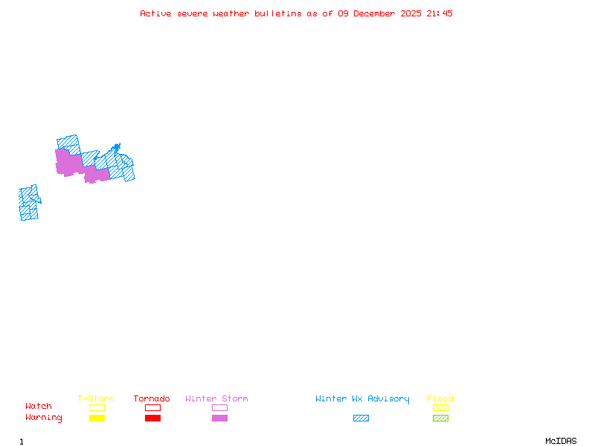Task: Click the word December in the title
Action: tap(374, 13)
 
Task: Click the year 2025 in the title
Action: tap(411, 13)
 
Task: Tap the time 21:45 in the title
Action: tap(440, 13)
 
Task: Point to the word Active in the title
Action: tap(155, 13)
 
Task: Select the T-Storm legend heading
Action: tap(96, 398)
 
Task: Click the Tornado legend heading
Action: tap(152, 398)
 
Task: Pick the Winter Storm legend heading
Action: tap(216, 398)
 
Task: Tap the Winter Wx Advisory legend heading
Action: tap(362, 399)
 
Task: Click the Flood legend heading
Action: tap(440, 398)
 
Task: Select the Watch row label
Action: tap(39, 406)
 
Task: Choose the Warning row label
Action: tap(44, 418)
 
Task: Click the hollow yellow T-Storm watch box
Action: tap(97, 407)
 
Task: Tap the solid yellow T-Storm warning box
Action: tap(97, 418)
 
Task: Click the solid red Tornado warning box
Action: tap(153, 418)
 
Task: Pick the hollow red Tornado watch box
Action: tap(153, 407)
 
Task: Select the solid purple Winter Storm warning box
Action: tap(219, 418)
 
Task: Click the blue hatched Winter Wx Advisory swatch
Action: tap(361, 418)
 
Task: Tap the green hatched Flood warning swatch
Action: tap(440, 418)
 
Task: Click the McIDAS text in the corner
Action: tap(561, 441)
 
